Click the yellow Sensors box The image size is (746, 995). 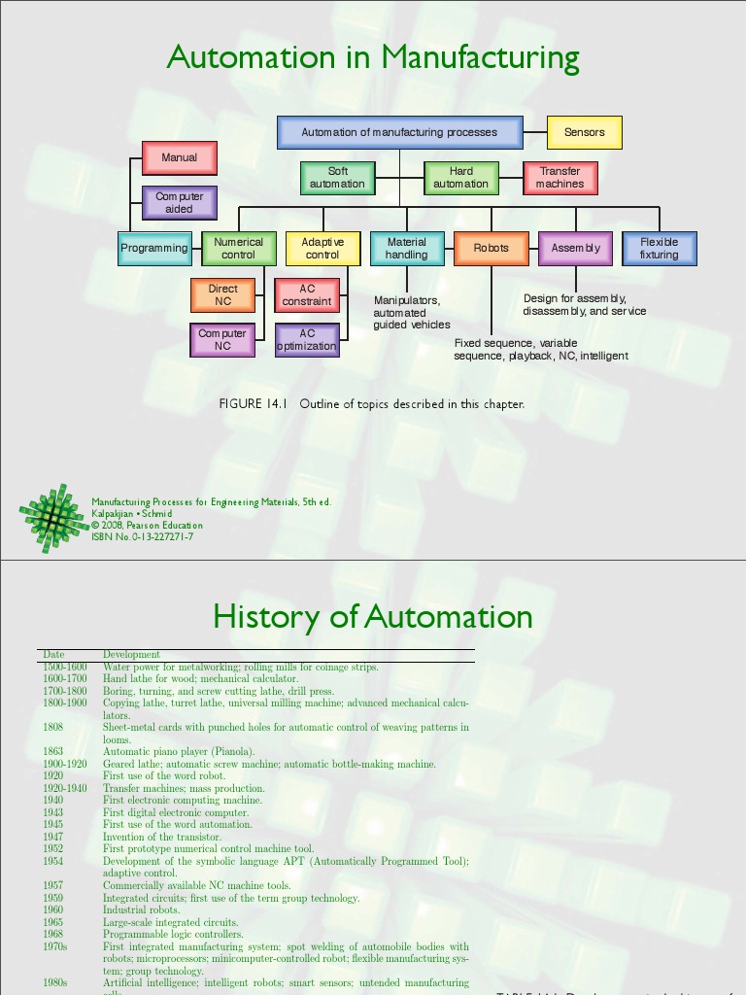click(x=584, y=132)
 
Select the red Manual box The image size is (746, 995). click(x=179, y=157)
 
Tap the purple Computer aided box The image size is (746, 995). click(x=179, y=202)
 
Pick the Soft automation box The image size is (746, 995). click(x=337, y=178)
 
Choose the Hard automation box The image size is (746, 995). click(x=460, y=178)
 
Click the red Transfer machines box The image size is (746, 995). click(x=559, y=178)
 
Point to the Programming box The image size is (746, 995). click(x=153, y=248)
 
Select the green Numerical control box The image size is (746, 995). click(x=238, y=248)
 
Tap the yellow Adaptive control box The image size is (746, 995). click(x=322, y=248)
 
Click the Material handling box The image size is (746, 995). click(x=406, y=248)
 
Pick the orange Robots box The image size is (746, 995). click(x=491, y=248)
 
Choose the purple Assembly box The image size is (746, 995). click(x=575, y=248)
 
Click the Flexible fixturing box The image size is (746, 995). click(x=659, y=248)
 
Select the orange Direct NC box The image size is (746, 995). click(x=222, y=294)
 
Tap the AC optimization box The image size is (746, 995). click(x=307, y=340)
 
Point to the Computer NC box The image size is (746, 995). click(x=222, y=340)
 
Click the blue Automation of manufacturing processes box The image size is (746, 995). click(x=399, y=132)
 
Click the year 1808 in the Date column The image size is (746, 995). click(x=53, y=727)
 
